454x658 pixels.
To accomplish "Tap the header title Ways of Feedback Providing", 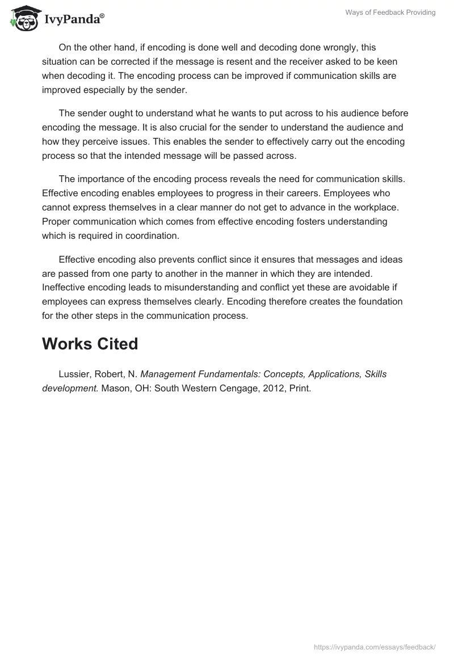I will tap(390, 12).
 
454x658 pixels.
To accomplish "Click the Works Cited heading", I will tap(90, 344).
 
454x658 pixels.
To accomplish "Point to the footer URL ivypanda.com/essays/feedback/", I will tap(375, 647).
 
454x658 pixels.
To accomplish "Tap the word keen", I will tap(386, 61).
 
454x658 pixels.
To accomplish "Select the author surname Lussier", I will tap(73, 374).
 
